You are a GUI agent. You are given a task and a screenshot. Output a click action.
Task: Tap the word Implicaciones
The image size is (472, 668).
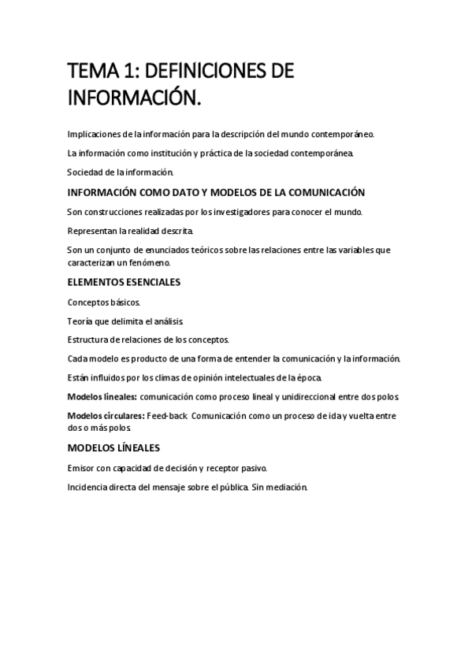pyautogui.click(x=95, y=135)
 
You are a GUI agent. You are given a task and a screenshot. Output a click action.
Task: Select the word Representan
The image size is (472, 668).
pyautogui.click(x=94, y=231)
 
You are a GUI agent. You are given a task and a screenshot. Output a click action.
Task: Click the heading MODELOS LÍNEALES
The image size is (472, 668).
pyautogui.click(x=113, y=447)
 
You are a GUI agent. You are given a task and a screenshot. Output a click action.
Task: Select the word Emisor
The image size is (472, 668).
pyautogui.click(x=81, y=467)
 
